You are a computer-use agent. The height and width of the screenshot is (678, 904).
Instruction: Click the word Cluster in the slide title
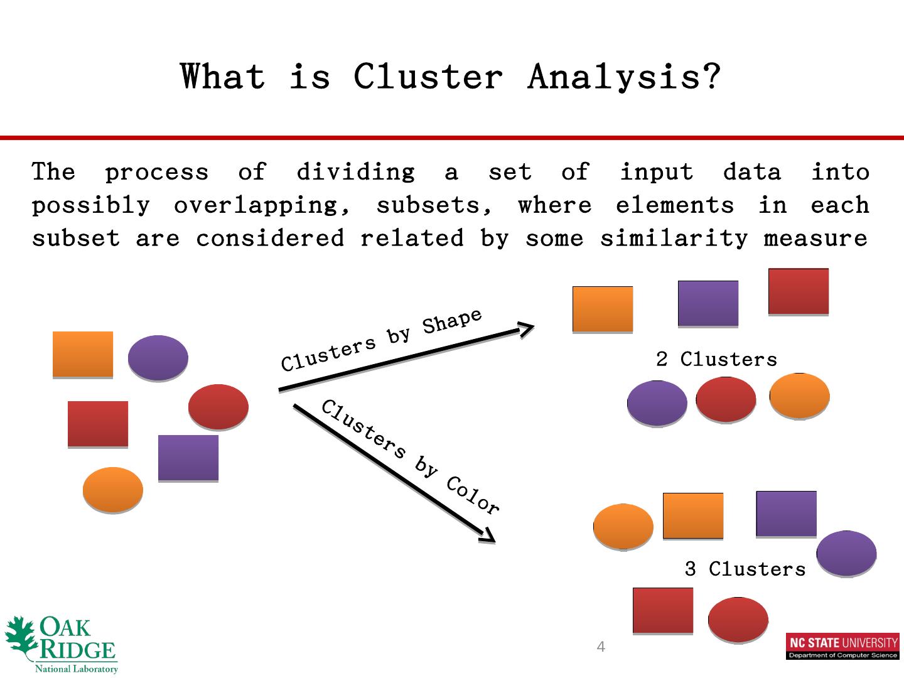point(428,77)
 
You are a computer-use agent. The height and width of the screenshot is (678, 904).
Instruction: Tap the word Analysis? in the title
point(623,77)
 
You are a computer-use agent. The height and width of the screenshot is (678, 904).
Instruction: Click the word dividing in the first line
point(355,172)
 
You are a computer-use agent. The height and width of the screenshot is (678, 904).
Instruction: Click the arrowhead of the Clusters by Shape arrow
point(526,328)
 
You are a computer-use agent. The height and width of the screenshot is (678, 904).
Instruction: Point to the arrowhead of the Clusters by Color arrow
point(488,535)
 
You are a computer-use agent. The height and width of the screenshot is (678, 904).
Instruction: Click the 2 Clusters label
point(716,360)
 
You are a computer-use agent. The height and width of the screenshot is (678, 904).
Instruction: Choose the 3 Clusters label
point(745,569)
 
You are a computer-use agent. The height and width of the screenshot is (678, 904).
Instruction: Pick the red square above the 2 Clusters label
point(799,291)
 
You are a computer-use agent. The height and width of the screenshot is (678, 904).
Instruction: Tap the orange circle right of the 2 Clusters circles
point(799,395)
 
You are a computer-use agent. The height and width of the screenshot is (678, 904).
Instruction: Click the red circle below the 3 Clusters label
point(738,620)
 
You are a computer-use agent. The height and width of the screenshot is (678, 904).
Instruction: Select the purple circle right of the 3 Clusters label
point(846,553)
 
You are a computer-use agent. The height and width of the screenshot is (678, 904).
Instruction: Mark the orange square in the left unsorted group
point(83,355)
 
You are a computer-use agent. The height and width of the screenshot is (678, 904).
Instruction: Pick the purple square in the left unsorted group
point(188,458)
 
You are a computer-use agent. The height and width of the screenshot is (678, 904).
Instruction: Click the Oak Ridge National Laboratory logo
point(62,644)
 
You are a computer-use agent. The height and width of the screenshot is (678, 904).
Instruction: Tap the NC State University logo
point(842,647)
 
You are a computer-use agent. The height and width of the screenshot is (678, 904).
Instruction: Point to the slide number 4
point(601,647)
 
